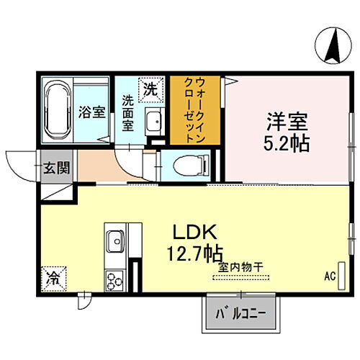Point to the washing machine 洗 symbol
pyautogui.click(x=150, y=89)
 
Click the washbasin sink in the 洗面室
pyautogui.click(x=152, y=123)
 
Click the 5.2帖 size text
pyautogui.click(x=282, y=143)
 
